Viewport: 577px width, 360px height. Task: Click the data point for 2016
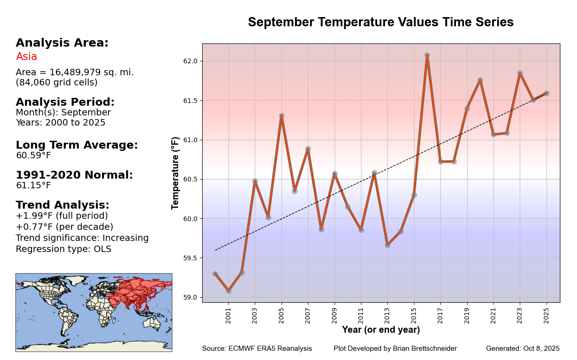(427, 55)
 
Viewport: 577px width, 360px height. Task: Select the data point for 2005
(282, 116)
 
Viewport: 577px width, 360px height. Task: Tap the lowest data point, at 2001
(228, 291)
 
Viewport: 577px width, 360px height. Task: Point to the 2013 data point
(387, 245)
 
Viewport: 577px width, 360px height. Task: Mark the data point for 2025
(547, 93)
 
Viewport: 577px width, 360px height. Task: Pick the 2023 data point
(520, 73)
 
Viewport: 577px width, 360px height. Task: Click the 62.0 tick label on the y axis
(190, 61)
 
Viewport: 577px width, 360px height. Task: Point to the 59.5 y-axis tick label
(190, 258)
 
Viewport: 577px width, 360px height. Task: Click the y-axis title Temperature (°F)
(175, 173)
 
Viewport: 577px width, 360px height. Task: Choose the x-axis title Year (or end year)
(381, 330)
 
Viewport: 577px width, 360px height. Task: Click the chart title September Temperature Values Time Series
(381, 22)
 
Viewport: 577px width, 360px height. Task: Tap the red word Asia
(26, 57)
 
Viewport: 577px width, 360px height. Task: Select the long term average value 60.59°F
(33, 156)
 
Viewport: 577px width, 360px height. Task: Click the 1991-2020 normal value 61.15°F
(33, 186)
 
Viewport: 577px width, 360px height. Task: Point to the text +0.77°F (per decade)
(64, 227)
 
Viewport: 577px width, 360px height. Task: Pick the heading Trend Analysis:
(62, 205)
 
